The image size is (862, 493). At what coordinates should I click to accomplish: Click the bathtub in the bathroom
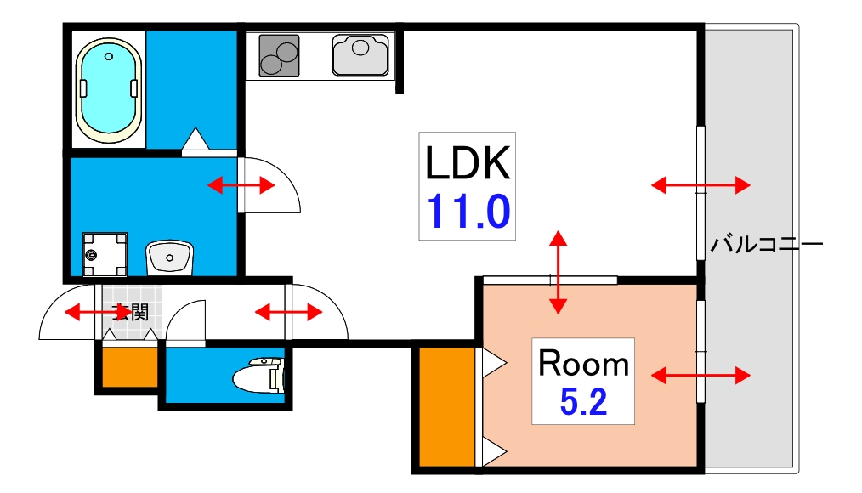[x=109, y=90]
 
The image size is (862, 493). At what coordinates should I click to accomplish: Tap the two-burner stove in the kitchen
[x=280, y=55]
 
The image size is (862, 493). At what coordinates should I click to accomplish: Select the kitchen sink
[x=360, y=54]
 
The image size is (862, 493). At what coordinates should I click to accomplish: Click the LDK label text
[x=468, y=163]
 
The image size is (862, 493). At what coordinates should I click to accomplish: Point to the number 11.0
[x=468, y=212]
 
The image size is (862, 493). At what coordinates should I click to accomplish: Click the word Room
[x=583, y=363]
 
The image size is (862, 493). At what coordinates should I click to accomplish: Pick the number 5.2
[x=583, y=402]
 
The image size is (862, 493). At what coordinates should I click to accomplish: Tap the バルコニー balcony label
[x=766, y=243]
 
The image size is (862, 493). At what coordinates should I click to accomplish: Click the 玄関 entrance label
[x=130, y=312]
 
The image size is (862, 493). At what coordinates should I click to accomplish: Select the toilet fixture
[x=258, y=376]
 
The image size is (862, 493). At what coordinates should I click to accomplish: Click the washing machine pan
[x=105, y=254]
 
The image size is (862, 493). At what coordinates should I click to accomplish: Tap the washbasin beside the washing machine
[x=169, y=257]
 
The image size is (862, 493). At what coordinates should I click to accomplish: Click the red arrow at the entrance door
[x=98, y=314]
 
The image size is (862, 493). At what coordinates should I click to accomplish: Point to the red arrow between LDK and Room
[x=558, y=272]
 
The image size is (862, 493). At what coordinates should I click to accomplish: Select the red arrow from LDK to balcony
[x=700, y=185]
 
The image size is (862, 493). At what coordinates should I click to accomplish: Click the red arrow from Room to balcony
[x=700, y=376]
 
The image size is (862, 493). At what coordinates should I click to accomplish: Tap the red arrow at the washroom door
[x=241, y=185]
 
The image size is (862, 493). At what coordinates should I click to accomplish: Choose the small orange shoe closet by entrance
[x=130, y=367]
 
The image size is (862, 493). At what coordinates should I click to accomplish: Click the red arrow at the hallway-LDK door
[x=289, y=313]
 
